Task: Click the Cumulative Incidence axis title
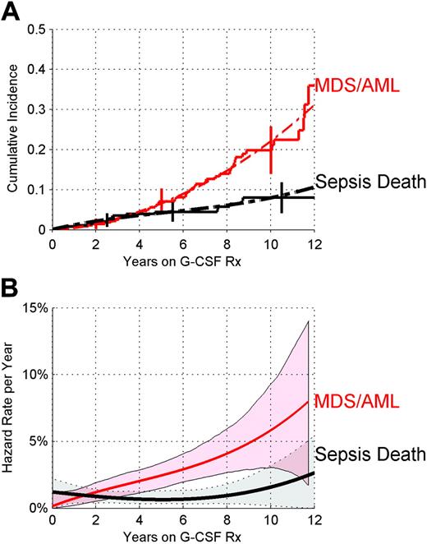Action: tap(11, 129)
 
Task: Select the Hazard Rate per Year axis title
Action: tap(11, 408)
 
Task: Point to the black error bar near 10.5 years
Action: tap(282, 197)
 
